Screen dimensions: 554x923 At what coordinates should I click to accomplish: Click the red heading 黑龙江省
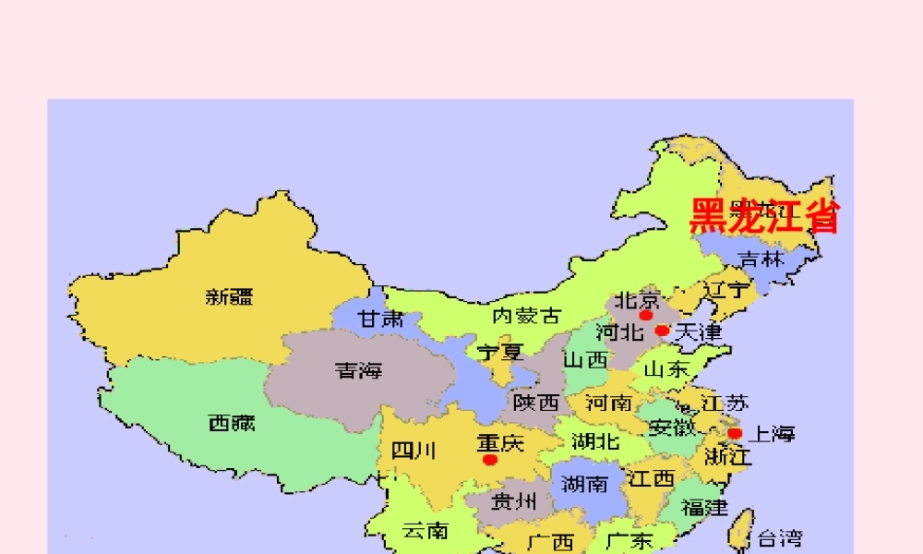[x=765, y=217]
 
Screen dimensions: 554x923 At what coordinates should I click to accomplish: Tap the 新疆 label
[x=230, y=296]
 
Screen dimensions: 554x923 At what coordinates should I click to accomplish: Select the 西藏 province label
[x=232, y=424]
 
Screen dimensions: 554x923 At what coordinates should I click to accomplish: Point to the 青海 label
[x=358, y=371]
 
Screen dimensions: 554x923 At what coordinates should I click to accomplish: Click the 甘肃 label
[x=381, y=319]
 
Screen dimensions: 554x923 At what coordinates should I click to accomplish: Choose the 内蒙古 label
[x=526, y=316]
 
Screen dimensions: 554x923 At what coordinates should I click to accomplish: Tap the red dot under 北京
[x=646, y=315]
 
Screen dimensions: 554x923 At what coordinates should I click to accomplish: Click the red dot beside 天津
[x=662, y=330]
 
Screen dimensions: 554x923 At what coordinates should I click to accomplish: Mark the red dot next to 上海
[x=735, y=433]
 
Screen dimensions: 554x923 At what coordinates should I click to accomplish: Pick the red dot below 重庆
[x=490, y=459]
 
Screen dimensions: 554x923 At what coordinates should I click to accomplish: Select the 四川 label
[x=414, y=452]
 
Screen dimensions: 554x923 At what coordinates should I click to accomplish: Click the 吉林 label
[x=761, y=259]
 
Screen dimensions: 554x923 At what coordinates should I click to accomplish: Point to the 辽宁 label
[x=726, y=290]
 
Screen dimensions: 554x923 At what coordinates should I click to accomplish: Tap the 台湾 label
[x=780, y=537]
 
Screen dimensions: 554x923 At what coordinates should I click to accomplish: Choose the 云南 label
[x=426, y=530]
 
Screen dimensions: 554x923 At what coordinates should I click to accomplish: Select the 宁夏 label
[x=499, y=352]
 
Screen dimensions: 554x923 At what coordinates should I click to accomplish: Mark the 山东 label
[x=666, y=370]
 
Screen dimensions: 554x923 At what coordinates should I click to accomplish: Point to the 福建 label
[x=705, y=507]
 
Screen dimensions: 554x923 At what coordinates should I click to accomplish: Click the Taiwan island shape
[x=740, y=530]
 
